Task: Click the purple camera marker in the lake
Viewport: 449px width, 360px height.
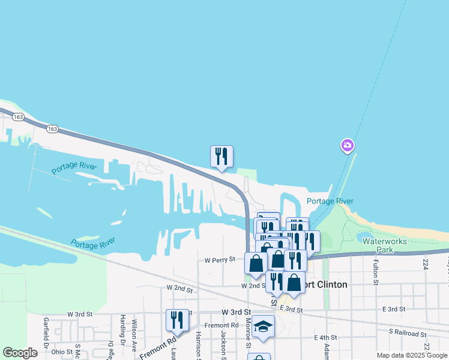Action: click(x=347, y=145)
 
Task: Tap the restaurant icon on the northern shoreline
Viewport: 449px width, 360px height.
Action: click(x=221, y=157)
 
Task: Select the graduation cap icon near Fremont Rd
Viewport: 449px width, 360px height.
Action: click(x=263, y=327)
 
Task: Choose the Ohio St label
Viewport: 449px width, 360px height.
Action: click(x=62, y=352)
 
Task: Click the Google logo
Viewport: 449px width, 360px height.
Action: click(x=20, y=353)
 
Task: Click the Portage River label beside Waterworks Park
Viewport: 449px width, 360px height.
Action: click(x=330, y=202)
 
